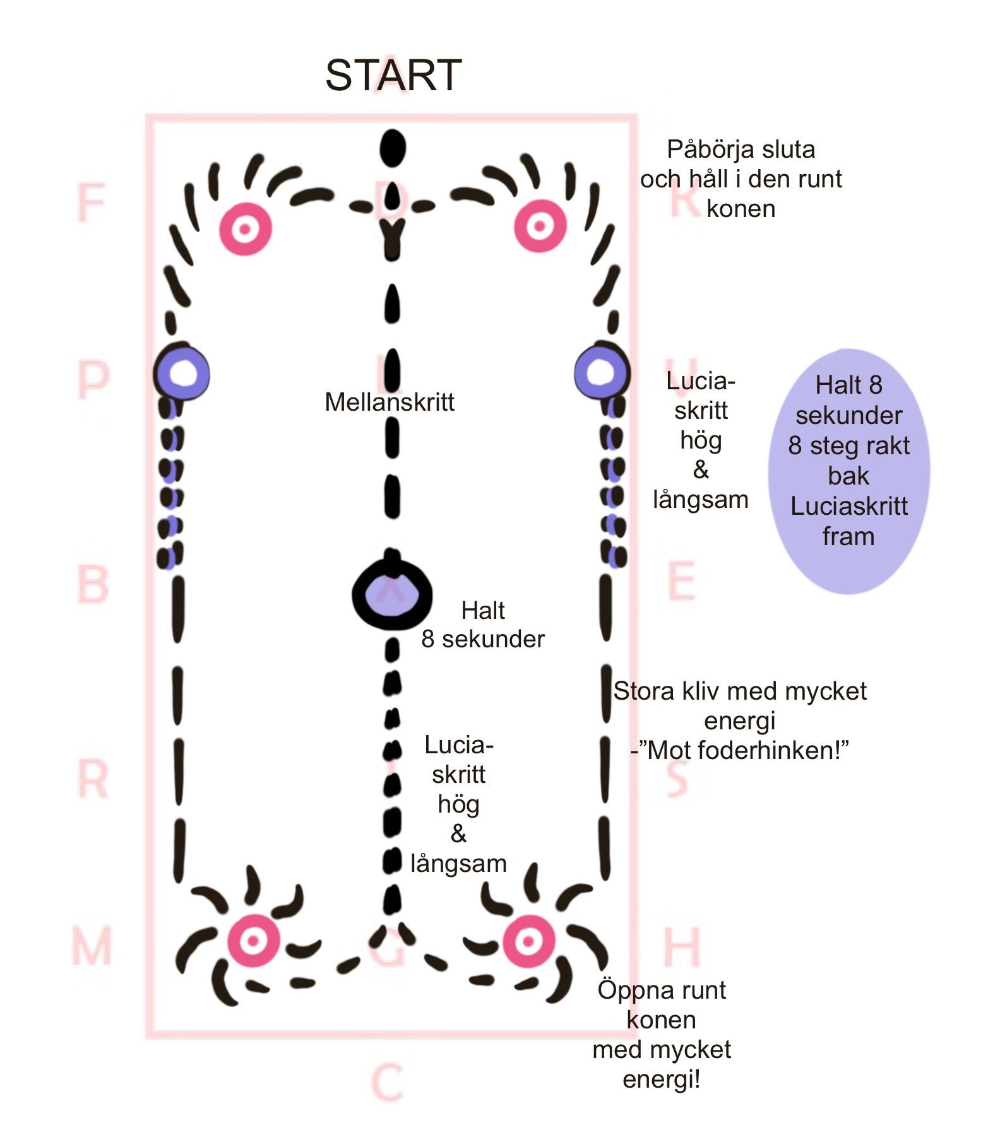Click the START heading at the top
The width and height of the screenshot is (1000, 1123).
(x=393, y=76)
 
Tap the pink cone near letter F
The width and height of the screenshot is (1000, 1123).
(x=245, y=228)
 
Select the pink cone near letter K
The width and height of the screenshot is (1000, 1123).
(x=539, y=226)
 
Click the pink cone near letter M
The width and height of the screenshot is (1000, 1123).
(x=253, y=941)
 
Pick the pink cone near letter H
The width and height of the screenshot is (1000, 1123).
(x=529, y=941)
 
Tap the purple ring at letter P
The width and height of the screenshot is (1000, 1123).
(x=182, y=373)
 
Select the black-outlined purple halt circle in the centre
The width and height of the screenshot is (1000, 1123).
(x=392, y=595)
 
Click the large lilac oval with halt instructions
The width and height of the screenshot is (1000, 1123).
(x=848, y=470)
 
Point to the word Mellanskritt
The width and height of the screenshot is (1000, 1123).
(x=390, y=402)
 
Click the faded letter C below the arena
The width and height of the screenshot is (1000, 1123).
(x=386, y=1083)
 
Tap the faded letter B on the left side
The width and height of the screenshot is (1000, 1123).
(x=92, y=584)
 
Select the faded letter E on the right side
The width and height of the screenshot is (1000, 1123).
(x=682, y=581)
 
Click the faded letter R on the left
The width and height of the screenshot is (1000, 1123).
(x=92, y=779)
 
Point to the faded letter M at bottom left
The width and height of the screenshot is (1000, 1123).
(x=92, y=946)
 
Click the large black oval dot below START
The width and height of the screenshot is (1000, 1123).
(x=393, y=149)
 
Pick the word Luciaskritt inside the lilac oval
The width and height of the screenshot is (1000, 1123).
(x=848, y=506)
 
